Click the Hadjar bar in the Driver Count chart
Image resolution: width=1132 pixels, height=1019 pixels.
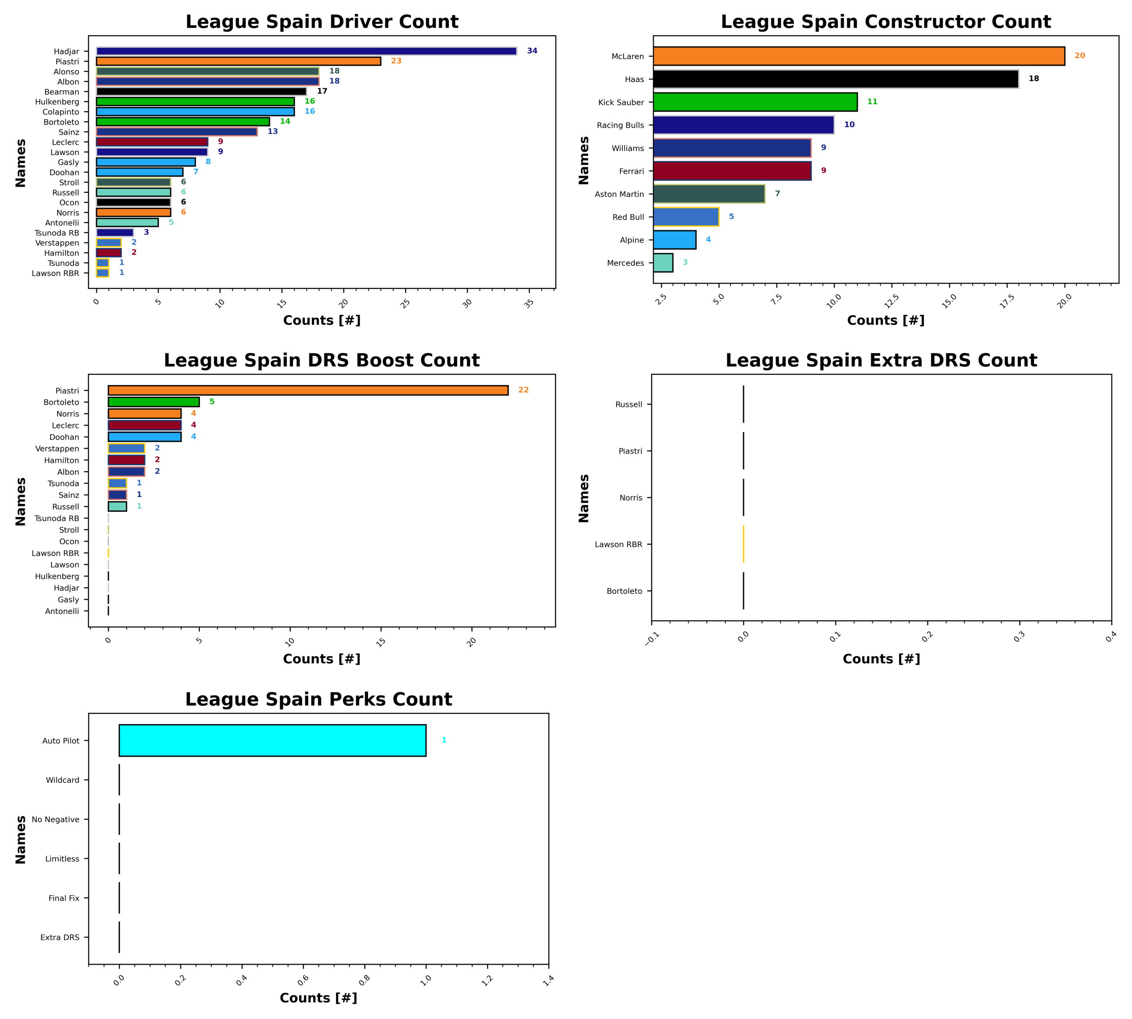pos(306,51)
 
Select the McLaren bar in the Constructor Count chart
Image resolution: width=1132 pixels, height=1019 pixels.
pos(858,56)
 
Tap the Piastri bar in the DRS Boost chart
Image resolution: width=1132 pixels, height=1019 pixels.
pos(308,390)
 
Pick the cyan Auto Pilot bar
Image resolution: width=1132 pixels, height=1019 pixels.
pos(272,740)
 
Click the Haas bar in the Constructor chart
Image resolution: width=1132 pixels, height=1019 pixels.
pos(835,79)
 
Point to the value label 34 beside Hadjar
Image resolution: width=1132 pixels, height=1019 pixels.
pos(532,51)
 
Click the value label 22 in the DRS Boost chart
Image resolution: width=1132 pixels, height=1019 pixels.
pos(523,390)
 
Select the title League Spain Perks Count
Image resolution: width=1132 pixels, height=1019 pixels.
pos(318,699)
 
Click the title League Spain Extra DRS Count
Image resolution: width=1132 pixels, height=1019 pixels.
pos(881,360)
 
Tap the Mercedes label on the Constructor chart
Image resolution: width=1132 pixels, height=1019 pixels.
pos(625,263)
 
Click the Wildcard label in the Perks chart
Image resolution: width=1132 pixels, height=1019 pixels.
pos(62,780)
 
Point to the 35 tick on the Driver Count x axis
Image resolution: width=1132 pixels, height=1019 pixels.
pos(529,303)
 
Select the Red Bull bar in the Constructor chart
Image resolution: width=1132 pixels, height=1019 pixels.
pos(685,217)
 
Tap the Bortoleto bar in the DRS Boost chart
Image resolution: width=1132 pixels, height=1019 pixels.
pos(153,402)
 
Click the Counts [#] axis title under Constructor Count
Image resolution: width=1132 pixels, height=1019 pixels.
pos(886,320)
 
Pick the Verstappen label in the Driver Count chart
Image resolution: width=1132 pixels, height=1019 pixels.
pos(57,243)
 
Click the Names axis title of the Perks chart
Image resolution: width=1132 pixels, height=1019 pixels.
pos(21,839)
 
